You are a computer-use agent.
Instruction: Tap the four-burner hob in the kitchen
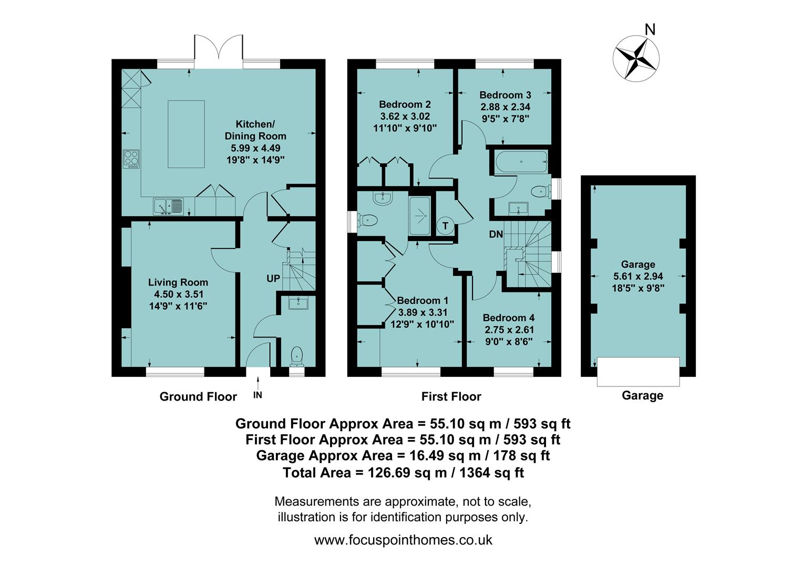click(x=131, y=159)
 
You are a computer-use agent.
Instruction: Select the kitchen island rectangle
click(x=186, y=134)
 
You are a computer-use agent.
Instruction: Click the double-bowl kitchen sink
click(x=168, y=207)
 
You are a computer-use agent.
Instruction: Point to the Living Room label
click(x=178, y=282)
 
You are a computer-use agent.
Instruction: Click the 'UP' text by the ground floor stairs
click(x=273, y=278)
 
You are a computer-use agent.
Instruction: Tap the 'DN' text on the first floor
click(x=496, y=234)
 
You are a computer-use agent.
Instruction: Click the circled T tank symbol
click(x=446, y=226)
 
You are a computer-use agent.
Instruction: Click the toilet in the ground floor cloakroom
click(x=297, y=356)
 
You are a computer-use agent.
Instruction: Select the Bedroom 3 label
click(x=505, y=95)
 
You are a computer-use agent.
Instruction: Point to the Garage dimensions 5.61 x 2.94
click(x=638, y=276)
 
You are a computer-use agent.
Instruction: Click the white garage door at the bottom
click(x=638, y=371)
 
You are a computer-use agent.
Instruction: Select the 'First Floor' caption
click(x=451, y=397)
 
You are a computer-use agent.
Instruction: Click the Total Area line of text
click(x=403, y=472)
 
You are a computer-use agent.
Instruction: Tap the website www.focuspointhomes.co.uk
click(x=403, y=540)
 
